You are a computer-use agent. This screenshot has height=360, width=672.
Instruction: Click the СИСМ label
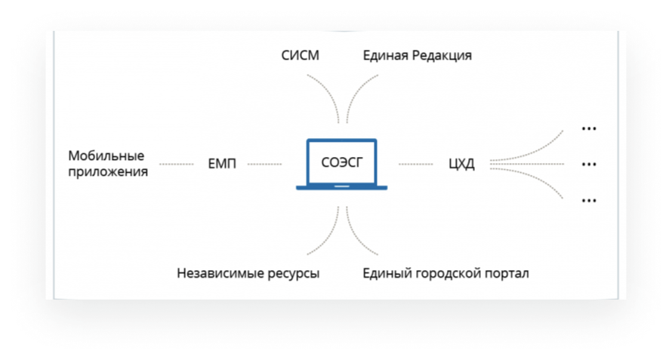click(x=300, y=55)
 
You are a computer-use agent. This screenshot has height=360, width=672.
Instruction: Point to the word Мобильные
click(x=106, y=155)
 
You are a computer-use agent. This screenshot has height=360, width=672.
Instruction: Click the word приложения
click(x=108, y=172)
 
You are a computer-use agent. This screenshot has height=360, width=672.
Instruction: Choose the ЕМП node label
click(x=222, y=164)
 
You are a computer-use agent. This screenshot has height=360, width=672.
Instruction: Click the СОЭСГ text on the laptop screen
click(x=341, y=162)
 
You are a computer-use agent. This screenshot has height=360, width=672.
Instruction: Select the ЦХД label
click(x=461, y=164)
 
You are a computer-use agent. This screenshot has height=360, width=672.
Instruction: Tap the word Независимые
click(x=220, y=273)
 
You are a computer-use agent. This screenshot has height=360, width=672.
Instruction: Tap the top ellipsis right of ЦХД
click(x=589, y=128)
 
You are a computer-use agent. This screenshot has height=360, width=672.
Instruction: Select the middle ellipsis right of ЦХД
click(x=589, y=164)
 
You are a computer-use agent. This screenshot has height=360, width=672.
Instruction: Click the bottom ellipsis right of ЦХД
click(x=589, y=201)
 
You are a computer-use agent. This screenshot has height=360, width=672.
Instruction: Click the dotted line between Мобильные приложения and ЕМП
click(x=177, y=164)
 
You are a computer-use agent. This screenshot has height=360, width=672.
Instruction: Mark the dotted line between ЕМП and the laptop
click(x=265, y=164)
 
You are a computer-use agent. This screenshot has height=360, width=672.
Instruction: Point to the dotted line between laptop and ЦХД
click(x=416, y=164)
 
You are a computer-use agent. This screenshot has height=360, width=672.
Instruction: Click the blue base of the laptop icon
click(x=341, y=187)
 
